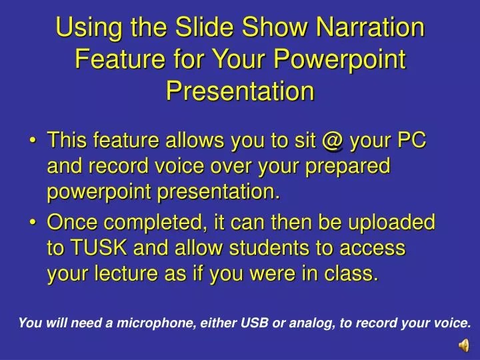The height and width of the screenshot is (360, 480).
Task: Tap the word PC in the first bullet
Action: pos(411,142)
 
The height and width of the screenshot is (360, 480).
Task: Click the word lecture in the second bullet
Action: pos(125,273)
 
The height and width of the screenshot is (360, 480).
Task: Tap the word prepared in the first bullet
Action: pos(348,167)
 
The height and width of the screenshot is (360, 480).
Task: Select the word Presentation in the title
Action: pos(240,89)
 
